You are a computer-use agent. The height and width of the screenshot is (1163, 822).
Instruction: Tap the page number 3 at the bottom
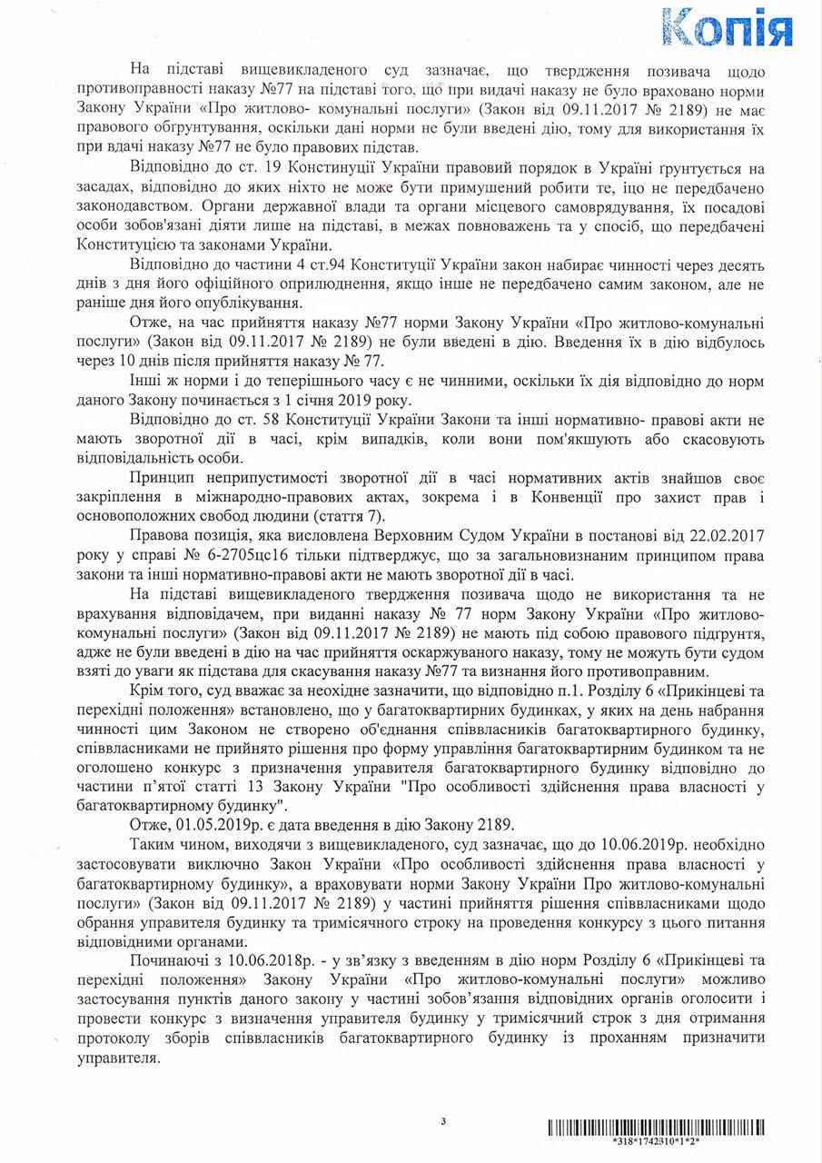pos(443,1121)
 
